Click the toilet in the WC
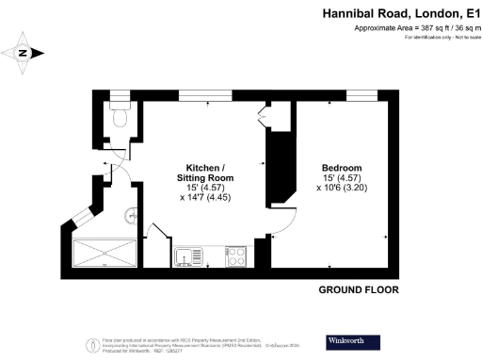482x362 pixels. (x=118, y=117)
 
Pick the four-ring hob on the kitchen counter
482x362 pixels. (x=235, y=255)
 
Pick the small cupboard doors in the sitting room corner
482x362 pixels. (x=265, y=117)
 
